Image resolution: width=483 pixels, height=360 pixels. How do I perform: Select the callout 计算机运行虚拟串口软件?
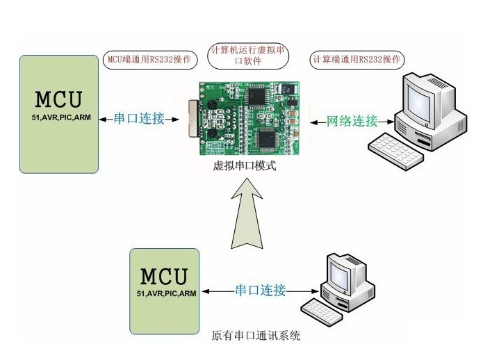click(x=249, y=55)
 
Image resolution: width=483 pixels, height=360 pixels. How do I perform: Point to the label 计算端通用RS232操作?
click(x=357, y=59)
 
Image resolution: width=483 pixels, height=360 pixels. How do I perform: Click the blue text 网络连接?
click(x=353, y=121)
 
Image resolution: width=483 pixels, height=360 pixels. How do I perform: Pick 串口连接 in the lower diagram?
click(x=261, y=291)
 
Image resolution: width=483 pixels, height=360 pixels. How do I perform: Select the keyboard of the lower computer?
click(x=323, y=311)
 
